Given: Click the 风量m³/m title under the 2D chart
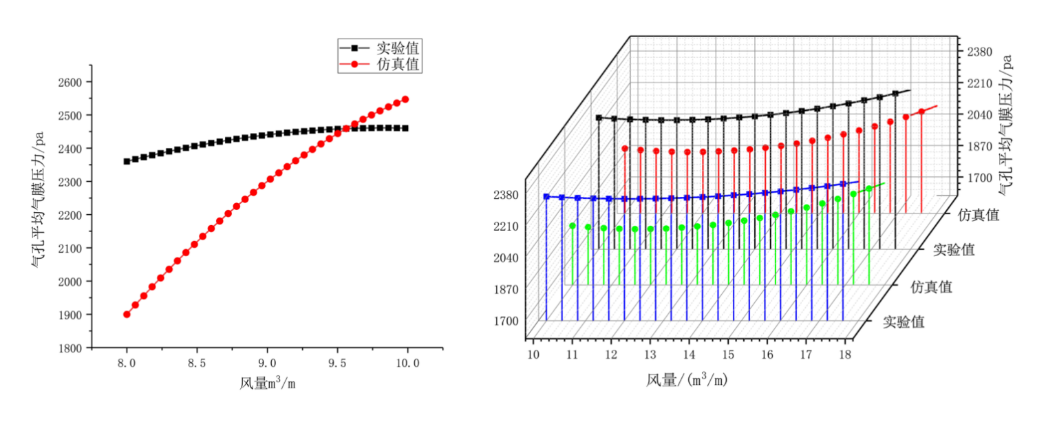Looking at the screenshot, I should [x=268, y=383].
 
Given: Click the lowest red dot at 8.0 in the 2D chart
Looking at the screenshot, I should [x=127, y=315].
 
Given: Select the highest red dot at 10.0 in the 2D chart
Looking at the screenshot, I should [x=405, y=99].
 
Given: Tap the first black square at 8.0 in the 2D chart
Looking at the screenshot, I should [x=127, y=161].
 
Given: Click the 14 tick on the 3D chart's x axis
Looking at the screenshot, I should [x=689, y=354].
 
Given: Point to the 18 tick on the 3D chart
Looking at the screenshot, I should [x=845, y=354].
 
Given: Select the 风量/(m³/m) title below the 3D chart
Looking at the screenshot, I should [x=687, y=379].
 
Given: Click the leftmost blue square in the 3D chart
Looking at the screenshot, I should [x=546, y=197].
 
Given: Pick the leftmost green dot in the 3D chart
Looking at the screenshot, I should [x=573, y=225].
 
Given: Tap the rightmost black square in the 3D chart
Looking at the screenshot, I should [x=896, y=94].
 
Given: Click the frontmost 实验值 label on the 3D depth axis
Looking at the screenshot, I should [x=904, y=322].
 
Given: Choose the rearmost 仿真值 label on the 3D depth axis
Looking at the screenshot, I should [x=979, y=215].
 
